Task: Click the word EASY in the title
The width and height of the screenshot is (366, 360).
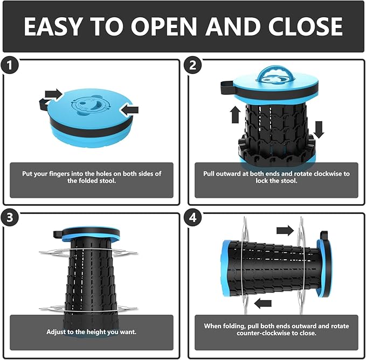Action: (x=53, y=26)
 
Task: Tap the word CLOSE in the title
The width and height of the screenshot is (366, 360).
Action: (x=305, y=26)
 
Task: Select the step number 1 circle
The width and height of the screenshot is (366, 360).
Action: (x=9, y=65)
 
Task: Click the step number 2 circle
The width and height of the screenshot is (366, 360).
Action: (x=193, y=65)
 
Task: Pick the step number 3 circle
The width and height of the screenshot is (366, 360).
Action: (x=9, y=218)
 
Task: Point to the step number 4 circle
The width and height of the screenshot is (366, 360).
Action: (x=193, y=218)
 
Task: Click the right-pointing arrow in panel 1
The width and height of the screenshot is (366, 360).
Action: (x=54, y=94)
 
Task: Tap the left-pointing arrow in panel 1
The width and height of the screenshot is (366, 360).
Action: (x=129, y=110)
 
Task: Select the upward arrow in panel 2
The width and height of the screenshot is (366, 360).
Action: (x=235, y=115)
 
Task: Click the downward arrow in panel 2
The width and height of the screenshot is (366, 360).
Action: (x=319, y=130)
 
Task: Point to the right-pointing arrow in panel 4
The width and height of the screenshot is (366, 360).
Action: (x=285, y=231)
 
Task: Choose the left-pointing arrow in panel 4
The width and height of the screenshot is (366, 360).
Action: (x=263, y=303)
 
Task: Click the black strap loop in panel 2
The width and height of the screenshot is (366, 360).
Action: (x=227, y=87)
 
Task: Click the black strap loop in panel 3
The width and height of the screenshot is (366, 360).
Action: (x=58, y=234)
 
